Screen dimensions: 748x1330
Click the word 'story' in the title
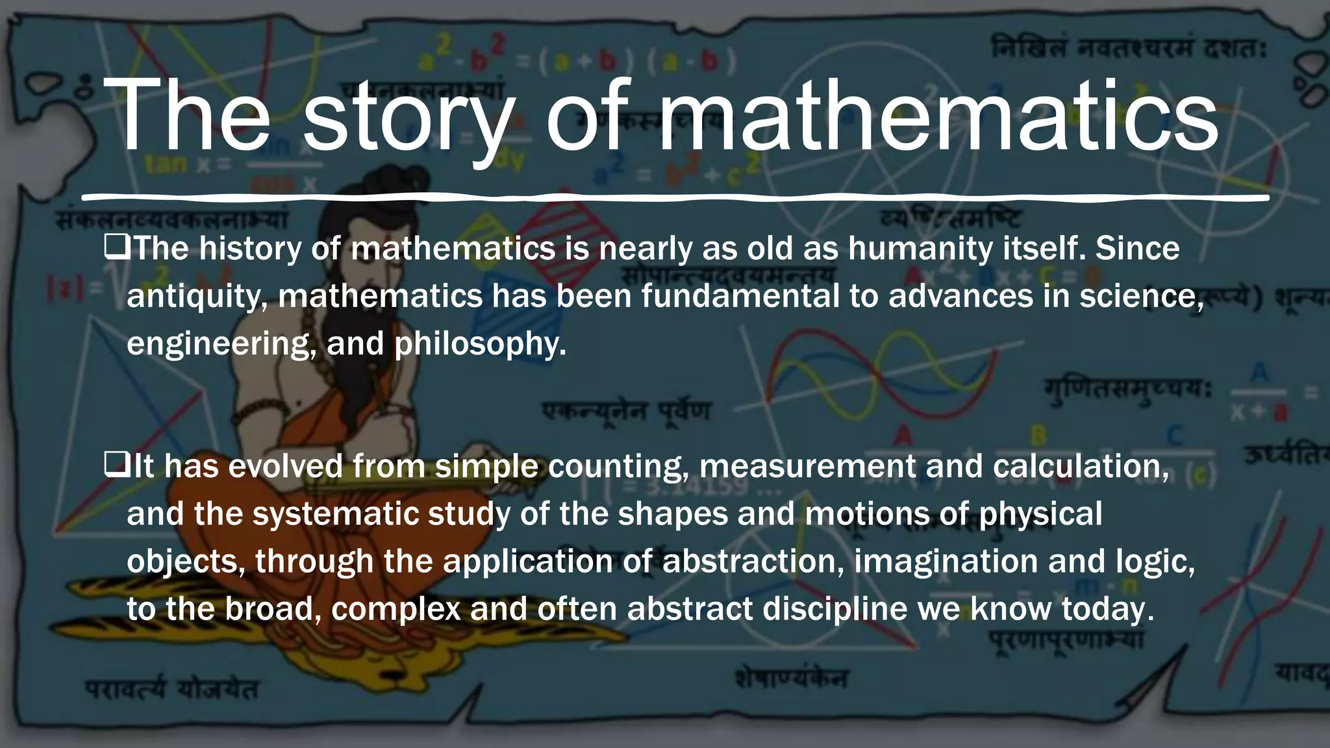(x=406, y=117)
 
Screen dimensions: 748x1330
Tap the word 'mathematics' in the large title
(x=938, y=117)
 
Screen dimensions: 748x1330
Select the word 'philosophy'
(x=479, y=344)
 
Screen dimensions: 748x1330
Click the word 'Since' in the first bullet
(x=1137, y=249)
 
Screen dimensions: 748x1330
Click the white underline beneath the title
(x=675, y=196)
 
